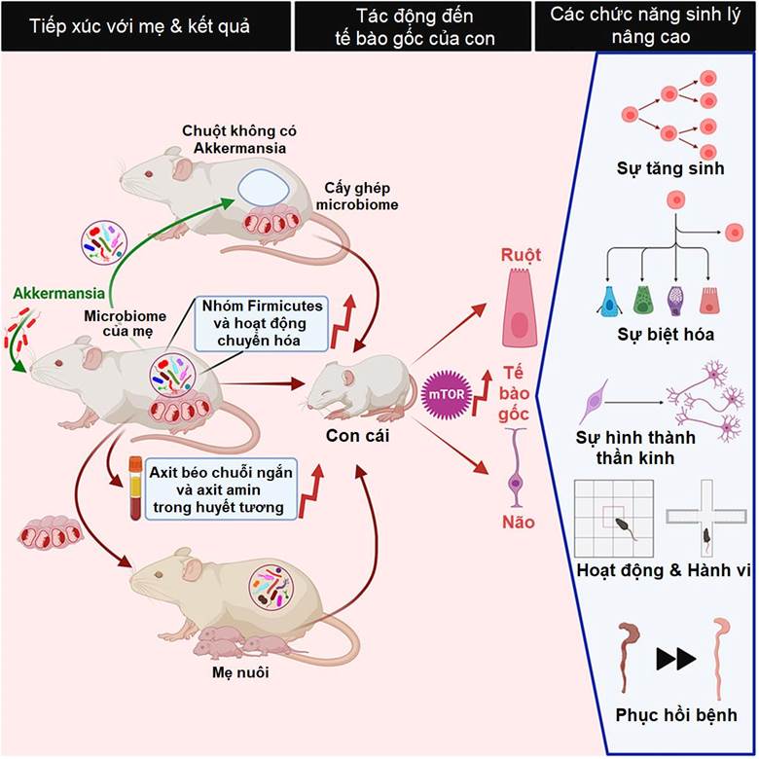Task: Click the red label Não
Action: (x=518, y=523)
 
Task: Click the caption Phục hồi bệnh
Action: (x=676, y=714)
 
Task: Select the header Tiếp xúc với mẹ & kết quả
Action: (x=139, y=25)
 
